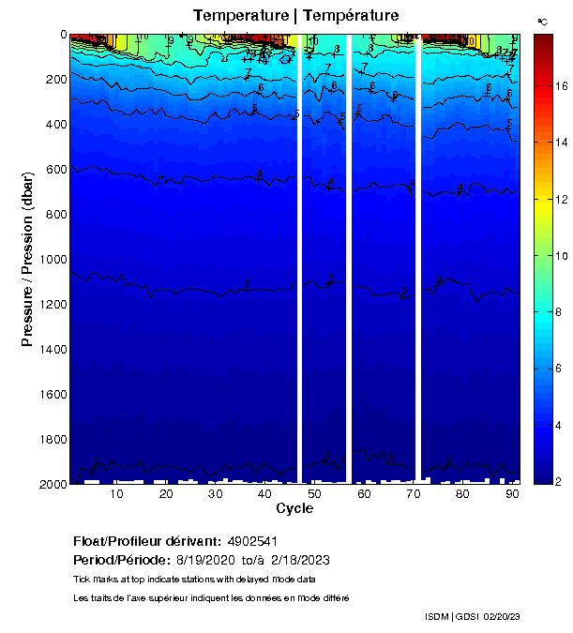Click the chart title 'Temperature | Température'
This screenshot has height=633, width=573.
click(295, 15)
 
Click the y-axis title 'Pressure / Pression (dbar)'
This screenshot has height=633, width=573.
click(28, 259)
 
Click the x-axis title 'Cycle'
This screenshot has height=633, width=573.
click(294, 508)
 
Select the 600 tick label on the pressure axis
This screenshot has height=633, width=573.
click(54, 170)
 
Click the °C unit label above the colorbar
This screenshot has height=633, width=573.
click(543, 21)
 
